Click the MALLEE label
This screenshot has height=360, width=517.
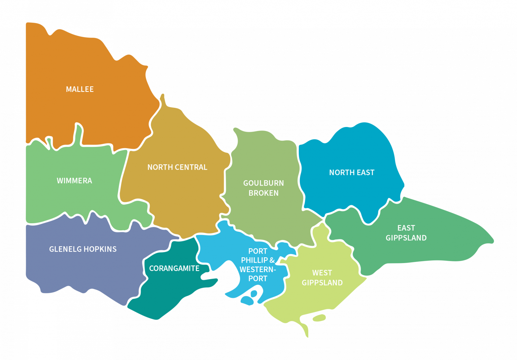tap(80, 89)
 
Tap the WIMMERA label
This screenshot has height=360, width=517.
tap(74, 181)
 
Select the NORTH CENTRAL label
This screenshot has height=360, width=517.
tap(177, 167)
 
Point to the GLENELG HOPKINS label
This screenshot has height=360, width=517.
tap(83, 249)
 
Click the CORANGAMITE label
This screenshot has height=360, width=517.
tap(174, 268)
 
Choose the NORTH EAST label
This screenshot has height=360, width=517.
tap(352, 173)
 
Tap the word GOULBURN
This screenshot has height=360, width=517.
tap(264, 183)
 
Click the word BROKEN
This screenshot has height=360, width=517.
tap(264, 193)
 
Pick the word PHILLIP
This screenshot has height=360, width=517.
tap(254, 260)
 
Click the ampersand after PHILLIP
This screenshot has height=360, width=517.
tap(272, 260)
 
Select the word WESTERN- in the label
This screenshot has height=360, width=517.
tap(258, 269)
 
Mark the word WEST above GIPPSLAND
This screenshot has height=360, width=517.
tap(322, 273)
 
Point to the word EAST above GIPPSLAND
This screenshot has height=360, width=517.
tap(406, 228)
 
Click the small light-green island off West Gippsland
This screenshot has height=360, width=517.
tap(319, 318)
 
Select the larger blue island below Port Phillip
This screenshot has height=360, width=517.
tap(248, 300)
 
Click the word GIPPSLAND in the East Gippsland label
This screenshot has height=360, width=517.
tap(406, 238)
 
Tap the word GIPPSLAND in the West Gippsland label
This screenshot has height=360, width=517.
tap(322, 283)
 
